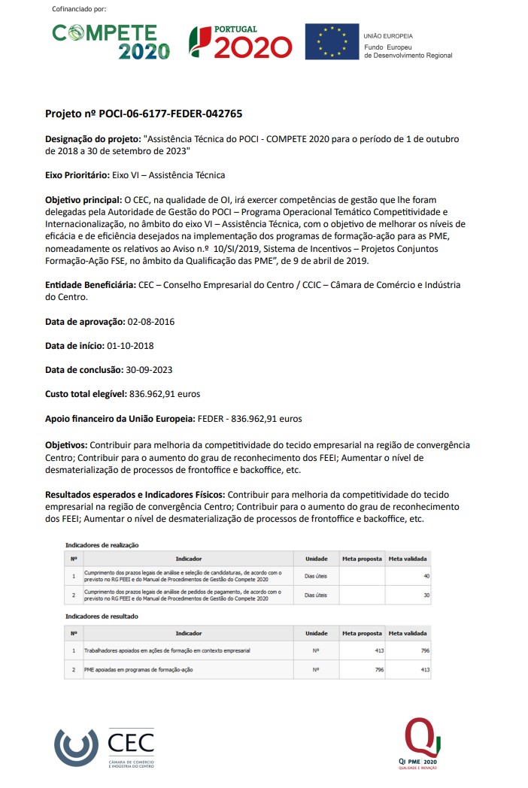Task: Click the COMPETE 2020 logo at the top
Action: (111, 41)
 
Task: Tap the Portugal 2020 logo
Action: (240, 42)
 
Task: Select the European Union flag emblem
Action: (331, 42)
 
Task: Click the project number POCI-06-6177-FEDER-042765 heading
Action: (144, 114)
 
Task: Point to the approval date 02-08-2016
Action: (151, 321)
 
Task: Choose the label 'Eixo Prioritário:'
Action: (77, 175)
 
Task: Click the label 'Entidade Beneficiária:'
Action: (90, 285)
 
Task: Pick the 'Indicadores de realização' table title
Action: (102, 544)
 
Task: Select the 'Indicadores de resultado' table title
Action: (102, 616)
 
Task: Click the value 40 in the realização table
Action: (426, 576)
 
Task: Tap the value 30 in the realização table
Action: (426, 595)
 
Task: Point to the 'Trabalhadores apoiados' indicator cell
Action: (167, 650)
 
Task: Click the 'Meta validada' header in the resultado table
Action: (408, 633)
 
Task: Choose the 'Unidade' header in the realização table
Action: (316, 559)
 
